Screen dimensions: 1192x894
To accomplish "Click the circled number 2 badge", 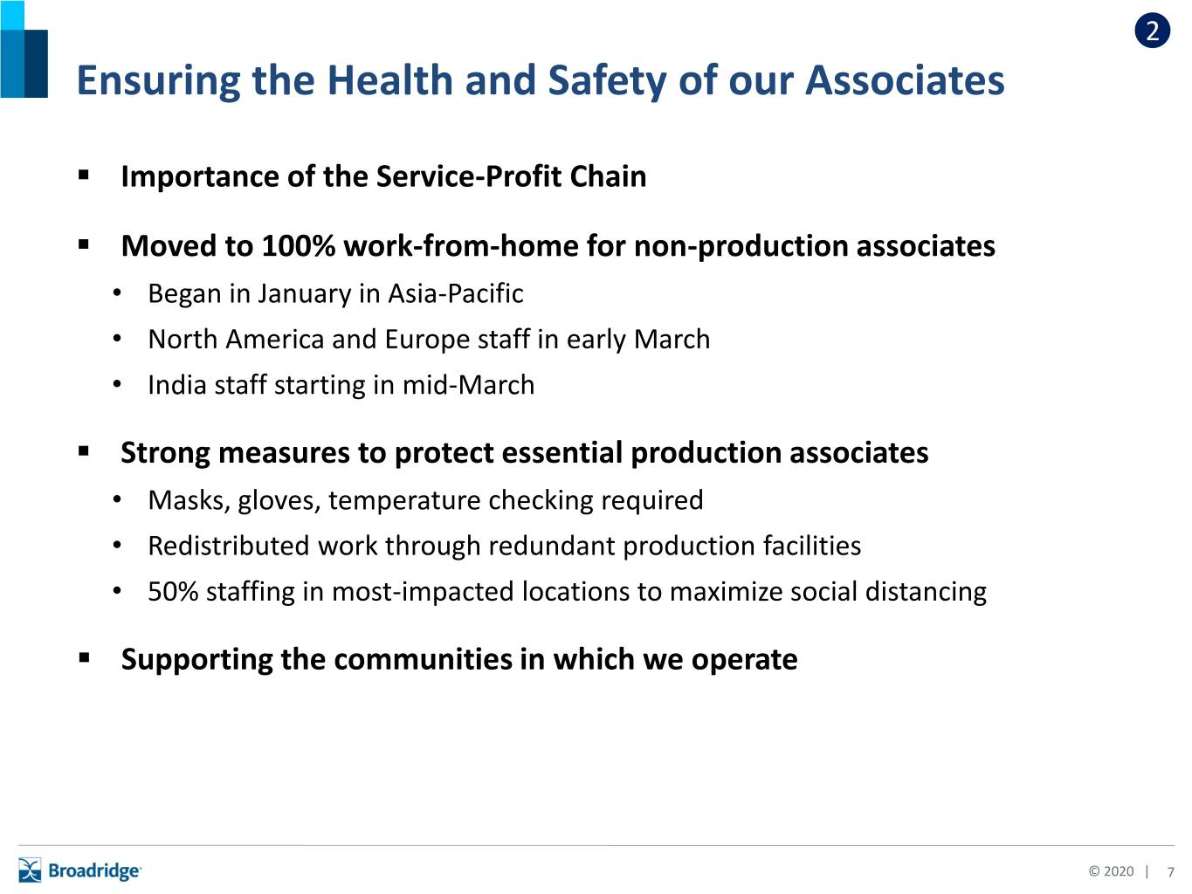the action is pos(1153,31).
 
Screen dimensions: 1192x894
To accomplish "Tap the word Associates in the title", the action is pos(905,80).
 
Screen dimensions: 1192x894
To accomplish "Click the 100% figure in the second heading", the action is pos(298,245).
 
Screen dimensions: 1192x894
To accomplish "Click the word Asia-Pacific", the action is pos(456,293).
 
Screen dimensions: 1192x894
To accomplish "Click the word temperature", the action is pos(404,500).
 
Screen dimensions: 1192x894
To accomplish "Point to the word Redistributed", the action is pos(229,546).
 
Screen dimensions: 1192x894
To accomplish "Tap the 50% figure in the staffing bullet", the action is pos(173,591).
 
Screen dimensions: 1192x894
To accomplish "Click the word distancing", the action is pos(926,591).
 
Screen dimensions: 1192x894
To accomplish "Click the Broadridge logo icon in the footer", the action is pos(30,870).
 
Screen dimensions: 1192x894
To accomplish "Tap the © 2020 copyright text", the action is pos(1111,871).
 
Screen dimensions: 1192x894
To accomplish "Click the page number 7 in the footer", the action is pos(1171,872).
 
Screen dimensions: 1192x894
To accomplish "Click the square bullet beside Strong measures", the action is pos(84,451).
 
